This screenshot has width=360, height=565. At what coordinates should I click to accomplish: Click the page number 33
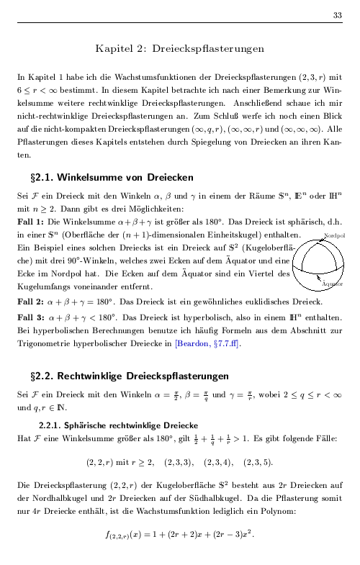click(x=337, y=16)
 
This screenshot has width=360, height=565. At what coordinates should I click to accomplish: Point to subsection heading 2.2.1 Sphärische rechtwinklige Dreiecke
click(x=120, y=425)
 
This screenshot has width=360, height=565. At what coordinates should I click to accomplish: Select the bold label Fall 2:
click(x=30, y=302)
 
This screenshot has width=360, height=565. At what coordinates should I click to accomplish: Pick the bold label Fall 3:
click(x=30, y=317)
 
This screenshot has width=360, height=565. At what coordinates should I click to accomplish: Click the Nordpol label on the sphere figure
click(x=334, y=235)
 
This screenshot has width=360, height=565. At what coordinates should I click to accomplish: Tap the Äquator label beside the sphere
click(x=332, y=285)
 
